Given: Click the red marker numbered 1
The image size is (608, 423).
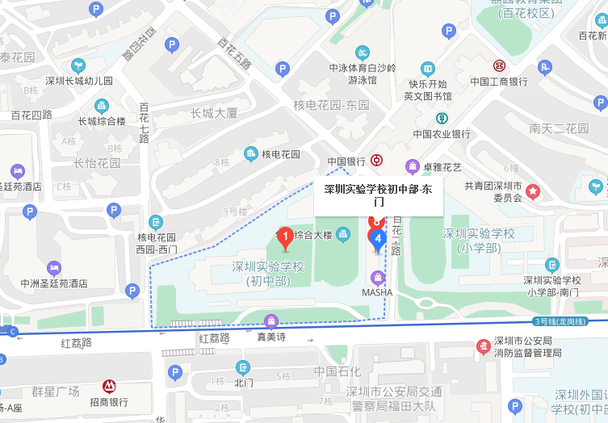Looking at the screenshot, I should pos(284,237).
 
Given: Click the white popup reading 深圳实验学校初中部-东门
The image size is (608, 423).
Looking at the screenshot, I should pos(378,197).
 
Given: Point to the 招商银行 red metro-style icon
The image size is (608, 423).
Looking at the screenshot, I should pos(109,387).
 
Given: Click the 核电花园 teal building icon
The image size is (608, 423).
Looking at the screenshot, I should pos(250,154).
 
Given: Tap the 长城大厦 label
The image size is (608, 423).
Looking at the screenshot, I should pos(214,113).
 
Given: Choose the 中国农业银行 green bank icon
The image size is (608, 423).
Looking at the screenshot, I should pos(442,118).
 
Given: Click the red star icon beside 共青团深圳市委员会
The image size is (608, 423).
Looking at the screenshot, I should pos(533,191).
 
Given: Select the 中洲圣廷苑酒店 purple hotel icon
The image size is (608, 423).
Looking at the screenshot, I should pos(54,267).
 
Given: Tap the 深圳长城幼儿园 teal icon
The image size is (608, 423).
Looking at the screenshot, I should pos(78,65).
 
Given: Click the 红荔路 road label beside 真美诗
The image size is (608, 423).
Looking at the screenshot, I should pos(214,337).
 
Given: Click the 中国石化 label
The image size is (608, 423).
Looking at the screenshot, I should pos(338,372).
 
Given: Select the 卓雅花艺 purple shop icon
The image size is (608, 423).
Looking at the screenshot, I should pos(413,167).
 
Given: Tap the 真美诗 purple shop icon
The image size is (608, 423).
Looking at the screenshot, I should pos(271,320).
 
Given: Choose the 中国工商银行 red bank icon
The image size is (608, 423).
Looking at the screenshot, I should pos(499,65).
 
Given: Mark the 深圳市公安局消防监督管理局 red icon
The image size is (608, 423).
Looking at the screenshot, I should pos(483,346).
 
